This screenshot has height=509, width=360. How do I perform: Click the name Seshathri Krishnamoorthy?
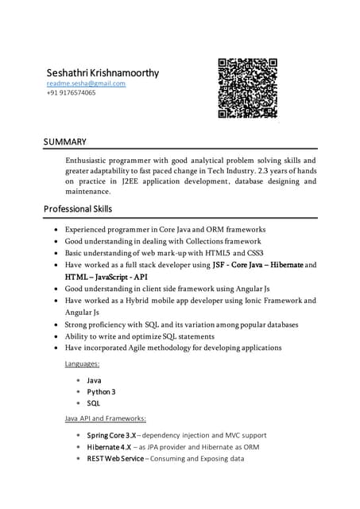103,73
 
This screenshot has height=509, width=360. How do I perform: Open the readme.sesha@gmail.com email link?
86,84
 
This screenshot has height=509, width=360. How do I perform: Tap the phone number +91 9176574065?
71,93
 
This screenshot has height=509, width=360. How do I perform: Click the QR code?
247,88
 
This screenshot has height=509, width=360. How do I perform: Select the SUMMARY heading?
65,142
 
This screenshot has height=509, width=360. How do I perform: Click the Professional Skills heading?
78,209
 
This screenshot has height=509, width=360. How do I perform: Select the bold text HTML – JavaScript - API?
106,277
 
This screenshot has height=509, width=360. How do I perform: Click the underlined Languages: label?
82,363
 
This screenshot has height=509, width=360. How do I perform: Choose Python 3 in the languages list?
101,391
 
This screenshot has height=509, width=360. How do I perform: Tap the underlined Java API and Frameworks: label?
105,418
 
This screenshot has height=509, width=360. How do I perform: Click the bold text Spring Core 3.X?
111,435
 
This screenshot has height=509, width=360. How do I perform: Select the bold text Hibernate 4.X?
109,447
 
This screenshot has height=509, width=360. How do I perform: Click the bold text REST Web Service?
115,459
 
